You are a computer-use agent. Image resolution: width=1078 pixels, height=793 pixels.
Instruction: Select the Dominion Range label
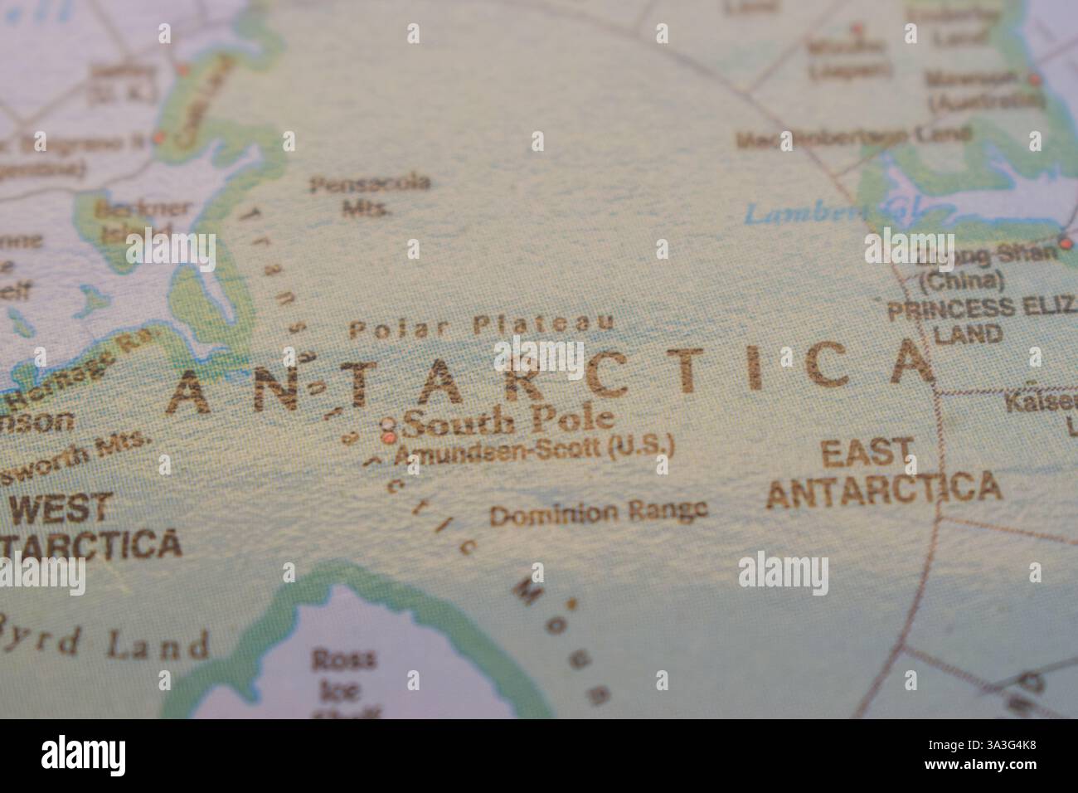[x=598, y=513]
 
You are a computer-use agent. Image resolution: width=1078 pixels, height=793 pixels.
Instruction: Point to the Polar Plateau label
[x=482, y=327]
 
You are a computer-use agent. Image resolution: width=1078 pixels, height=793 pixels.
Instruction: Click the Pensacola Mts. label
[x=370, y=195]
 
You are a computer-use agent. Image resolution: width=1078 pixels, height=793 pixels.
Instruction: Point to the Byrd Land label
[x=108, y=642]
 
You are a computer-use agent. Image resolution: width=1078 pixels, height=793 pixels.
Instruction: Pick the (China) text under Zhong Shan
[x=962, y=280]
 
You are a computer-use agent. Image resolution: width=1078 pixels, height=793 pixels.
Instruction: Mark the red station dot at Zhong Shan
[x=1065, y=243]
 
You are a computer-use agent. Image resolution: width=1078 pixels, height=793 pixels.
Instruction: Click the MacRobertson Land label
[x=853, y=136]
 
